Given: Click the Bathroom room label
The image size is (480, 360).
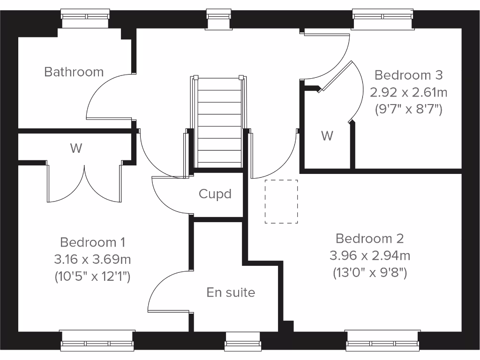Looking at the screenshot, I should pos(74,72).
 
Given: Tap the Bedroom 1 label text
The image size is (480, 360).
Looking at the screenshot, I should pos(92,242).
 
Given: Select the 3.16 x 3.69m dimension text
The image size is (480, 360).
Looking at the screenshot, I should pos(92,259).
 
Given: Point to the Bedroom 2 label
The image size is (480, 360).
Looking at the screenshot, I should pos(370,239).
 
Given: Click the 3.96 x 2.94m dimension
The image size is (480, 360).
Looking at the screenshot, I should pos(370,255).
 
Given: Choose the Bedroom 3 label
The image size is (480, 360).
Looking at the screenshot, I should pos(409,75).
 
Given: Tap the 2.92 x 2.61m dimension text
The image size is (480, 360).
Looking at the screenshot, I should pos(409,92).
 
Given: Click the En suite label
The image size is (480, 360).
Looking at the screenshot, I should pos(231,292).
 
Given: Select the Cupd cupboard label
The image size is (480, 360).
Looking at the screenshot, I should pos(215,194).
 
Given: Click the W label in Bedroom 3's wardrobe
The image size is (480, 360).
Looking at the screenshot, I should pos(327,136).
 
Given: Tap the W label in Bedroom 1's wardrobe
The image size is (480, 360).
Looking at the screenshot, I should pos(76,149).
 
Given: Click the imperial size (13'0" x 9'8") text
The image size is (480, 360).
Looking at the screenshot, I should pos(370,272).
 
